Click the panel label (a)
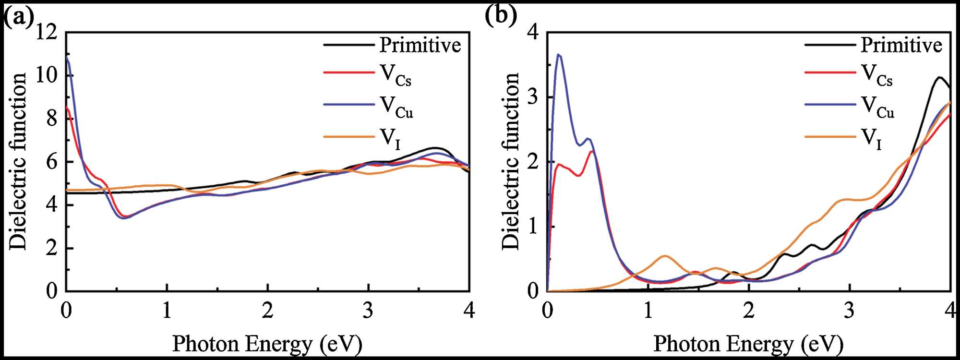[18, 17]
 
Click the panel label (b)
[500, 15]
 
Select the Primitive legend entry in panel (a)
[420, 45]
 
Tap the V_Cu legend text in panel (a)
[396, 107]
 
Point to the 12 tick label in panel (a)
[47, 33]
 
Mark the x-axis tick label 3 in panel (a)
[368, 311]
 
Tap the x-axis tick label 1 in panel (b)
[648, 311]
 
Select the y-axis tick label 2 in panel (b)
[533, 162]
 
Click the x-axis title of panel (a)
[267, 344]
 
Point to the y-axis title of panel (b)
[510, 161]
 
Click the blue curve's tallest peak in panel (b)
[559, 55]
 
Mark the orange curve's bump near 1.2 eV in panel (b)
[665, 256]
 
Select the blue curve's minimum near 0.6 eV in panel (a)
[124, 218]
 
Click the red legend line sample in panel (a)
[348, 72]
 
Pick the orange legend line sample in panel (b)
[830, 137]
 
